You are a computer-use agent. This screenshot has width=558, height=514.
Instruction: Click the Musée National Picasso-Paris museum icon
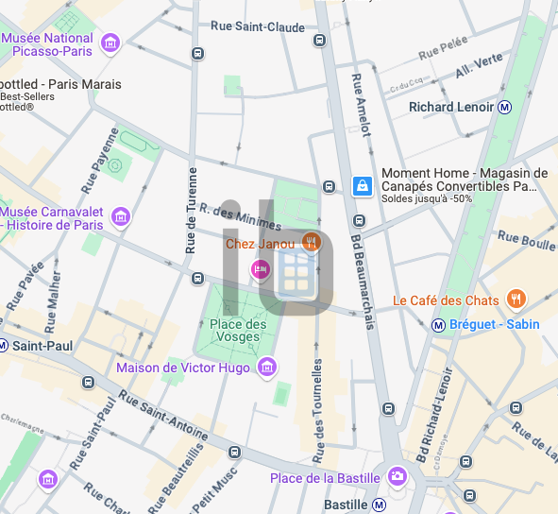click(x=110, y=43)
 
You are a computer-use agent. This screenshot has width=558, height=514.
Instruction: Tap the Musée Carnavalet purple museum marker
click(x=120, y=217)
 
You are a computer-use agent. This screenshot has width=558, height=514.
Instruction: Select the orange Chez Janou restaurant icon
click(x=313, y=244)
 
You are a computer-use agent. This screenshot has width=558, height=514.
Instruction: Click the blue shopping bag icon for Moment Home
click(x=362, y=186)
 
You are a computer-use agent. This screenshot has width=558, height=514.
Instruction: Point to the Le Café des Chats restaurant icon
click(x=516, y=300)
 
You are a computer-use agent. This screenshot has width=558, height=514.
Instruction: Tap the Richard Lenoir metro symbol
click(x=505, y=107)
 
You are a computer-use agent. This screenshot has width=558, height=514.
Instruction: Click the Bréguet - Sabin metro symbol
click(x=438, y=325)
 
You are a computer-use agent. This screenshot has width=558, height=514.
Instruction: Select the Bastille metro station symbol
click(x=379, y=505)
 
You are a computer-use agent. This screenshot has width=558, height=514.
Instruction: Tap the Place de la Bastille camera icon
click(x=397, y=475)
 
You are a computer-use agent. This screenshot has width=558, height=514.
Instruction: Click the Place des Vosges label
click(x=238, y=331)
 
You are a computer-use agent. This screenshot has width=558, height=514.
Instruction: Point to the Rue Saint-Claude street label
click(x=258, y=27)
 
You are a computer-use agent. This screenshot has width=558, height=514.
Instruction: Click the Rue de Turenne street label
click(x=192, y=210)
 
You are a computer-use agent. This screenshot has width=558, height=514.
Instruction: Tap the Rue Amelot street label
click(x=361, y=105)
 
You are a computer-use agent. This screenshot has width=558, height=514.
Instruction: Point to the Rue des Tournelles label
click(x=318, y=401)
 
